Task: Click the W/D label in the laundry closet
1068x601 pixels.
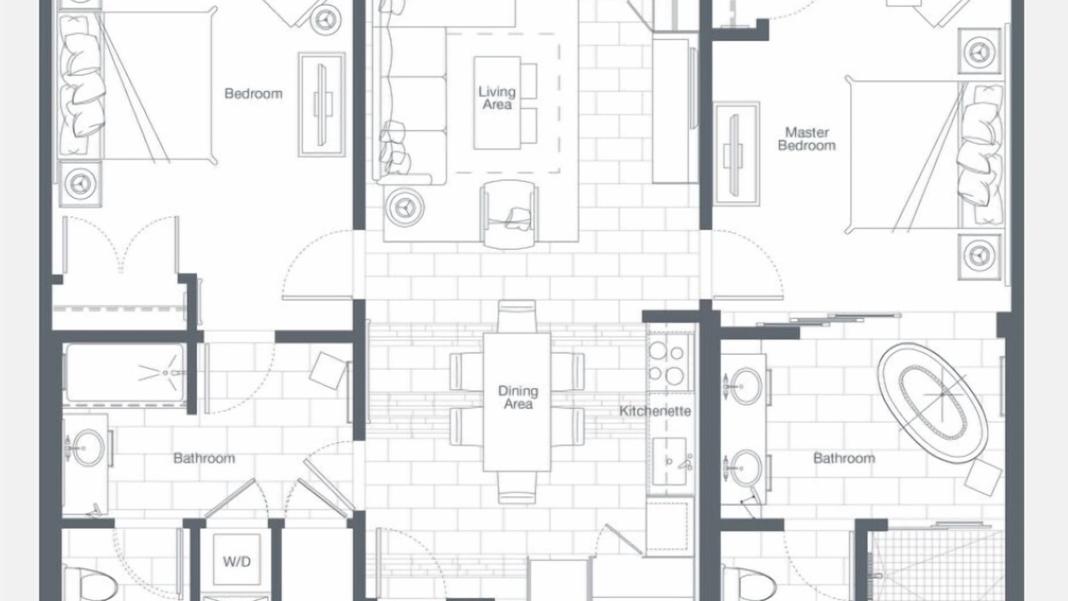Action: click(236, 562)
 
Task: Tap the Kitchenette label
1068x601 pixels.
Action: click(655, 411)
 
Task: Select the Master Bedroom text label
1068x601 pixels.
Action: click(807, 139)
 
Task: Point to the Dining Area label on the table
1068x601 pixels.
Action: click(518, 397)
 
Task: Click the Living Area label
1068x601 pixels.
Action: click(496, 98)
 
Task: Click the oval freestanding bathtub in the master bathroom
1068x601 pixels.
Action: click(933, 403)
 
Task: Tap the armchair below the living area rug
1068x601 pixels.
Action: click(509, 215)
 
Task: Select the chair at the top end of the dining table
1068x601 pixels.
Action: click(516, 316)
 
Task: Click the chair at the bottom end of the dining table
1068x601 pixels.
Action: click(516, 487)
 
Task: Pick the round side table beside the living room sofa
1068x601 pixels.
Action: click(405, 207)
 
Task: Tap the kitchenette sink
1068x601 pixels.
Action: click(670, 462)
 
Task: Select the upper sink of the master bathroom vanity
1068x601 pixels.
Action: click(745, 386)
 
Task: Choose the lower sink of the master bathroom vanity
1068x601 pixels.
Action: click(745, 468)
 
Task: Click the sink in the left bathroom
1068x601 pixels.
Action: click(88, 447)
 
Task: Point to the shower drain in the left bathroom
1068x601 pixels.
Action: click(165, 372)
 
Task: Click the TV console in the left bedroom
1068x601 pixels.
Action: click(322, 104)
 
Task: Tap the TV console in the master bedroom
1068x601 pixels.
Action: click(736, 154)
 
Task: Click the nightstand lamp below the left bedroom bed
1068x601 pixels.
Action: click(80, 183)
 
